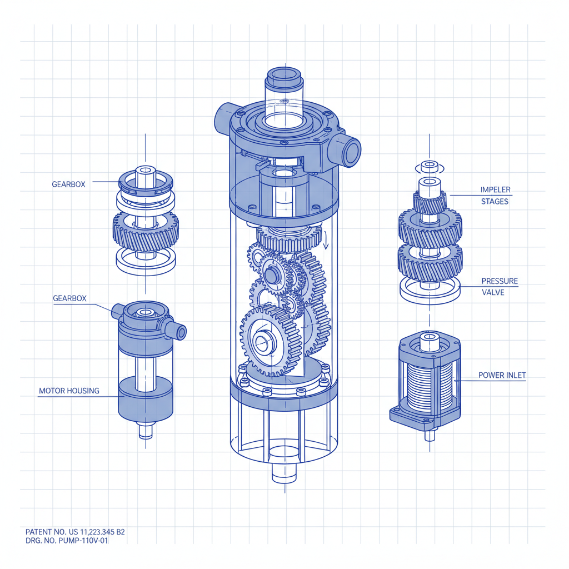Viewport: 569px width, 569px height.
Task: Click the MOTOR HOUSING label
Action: coord(69,391)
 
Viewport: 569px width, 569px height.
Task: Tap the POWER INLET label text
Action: coord(502,376)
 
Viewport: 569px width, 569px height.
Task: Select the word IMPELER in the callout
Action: coord(495,190)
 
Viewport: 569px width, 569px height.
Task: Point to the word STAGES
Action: coord(495,201)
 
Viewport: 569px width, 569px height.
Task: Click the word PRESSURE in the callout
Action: coord(500,281)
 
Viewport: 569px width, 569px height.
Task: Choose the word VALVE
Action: coord(493,292)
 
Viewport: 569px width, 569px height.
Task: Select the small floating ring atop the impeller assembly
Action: coord(430,167)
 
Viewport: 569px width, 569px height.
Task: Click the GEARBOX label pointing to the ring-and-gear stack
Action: coord(68,184)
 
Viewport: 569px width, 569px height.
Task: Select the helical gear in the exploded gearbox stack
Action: coord(146,229)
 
